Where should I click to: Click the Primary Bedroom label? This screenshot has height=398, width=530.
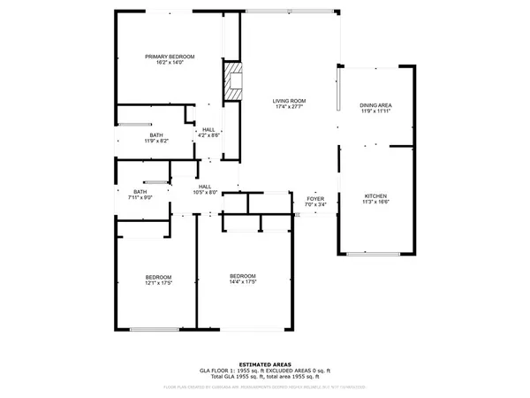(x=170, y=57)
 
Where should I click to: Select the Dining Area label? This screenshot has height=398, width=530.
(x=375, y=105)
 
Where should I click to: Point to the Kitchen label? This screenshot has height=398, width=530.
(x=375, y=195)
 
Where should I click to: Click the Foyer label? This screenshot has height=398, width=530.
(x=315, y=198)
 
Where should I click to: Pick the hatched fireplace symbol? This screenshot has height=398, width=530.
(x=233, y=79)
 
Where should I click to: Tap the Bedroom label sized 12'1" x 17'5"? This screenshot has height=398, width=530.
(x=158, y=277)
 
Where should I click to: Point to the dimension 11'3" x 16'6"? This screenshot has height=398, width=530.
(x=375, y=203)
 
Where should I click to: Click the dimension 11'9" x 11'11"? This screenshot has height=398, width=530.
(x=375, y=112)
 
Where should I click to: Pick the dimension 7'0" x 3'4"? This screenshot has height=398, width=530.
(x=315, y=205)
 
